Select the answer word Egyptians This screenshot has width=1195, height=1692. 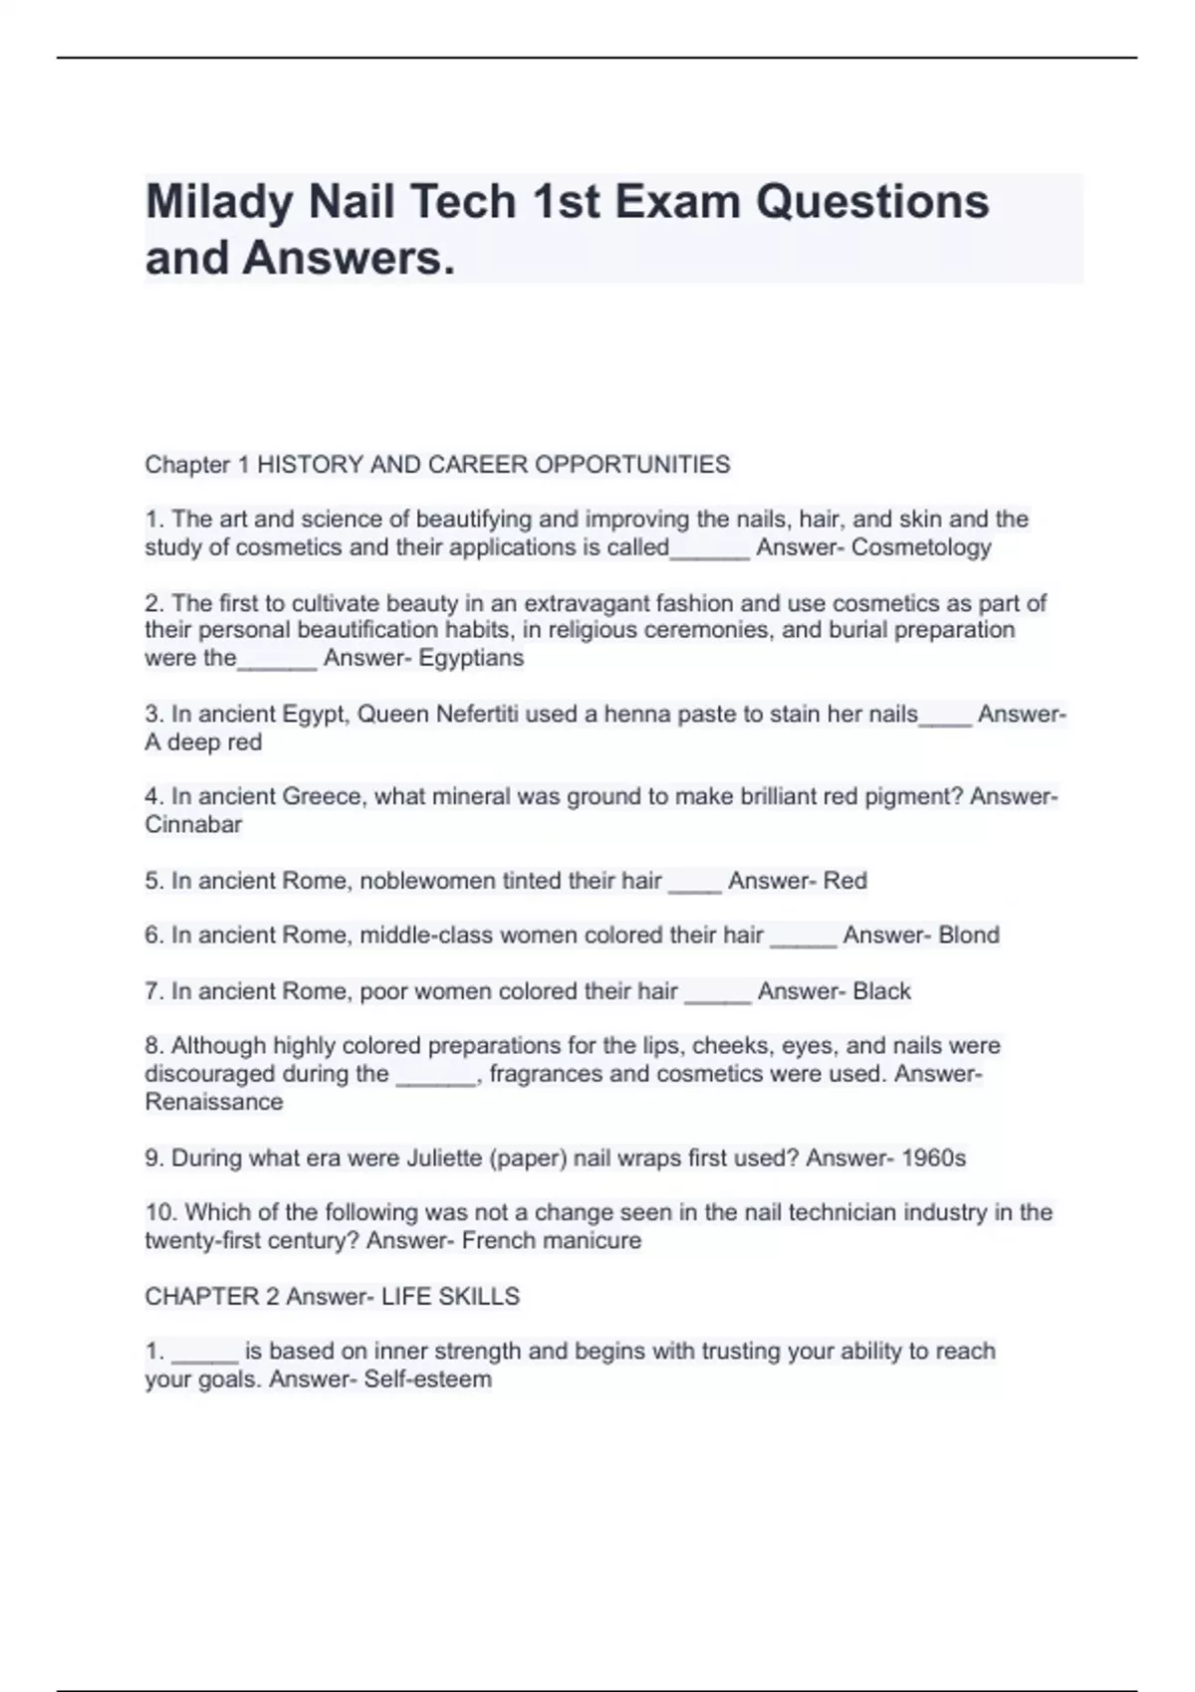pyautogui.click(x=471, y=658)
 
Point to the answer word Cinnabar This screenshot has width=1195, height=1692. pyautogui.click(x=193, y=825)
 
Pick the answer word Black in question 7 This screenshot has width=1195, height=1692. pyautogui.click(x=882, y=991)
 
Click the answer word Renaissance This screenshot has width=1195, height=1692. pyautogui.click(x=214, y=1102)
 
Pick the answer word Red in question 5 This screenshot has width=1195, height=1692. pyautogui.click(x=844, y=881)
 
